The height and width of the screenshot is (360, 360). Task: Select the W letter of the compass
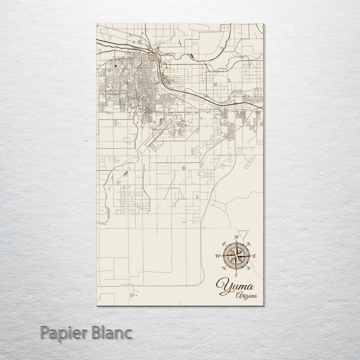tap(217, 256)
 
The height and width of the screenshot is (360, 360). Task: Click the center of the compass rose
tap(236, 255)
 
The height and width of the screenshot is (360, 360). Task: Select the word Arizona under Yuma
tap(247, 296)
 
